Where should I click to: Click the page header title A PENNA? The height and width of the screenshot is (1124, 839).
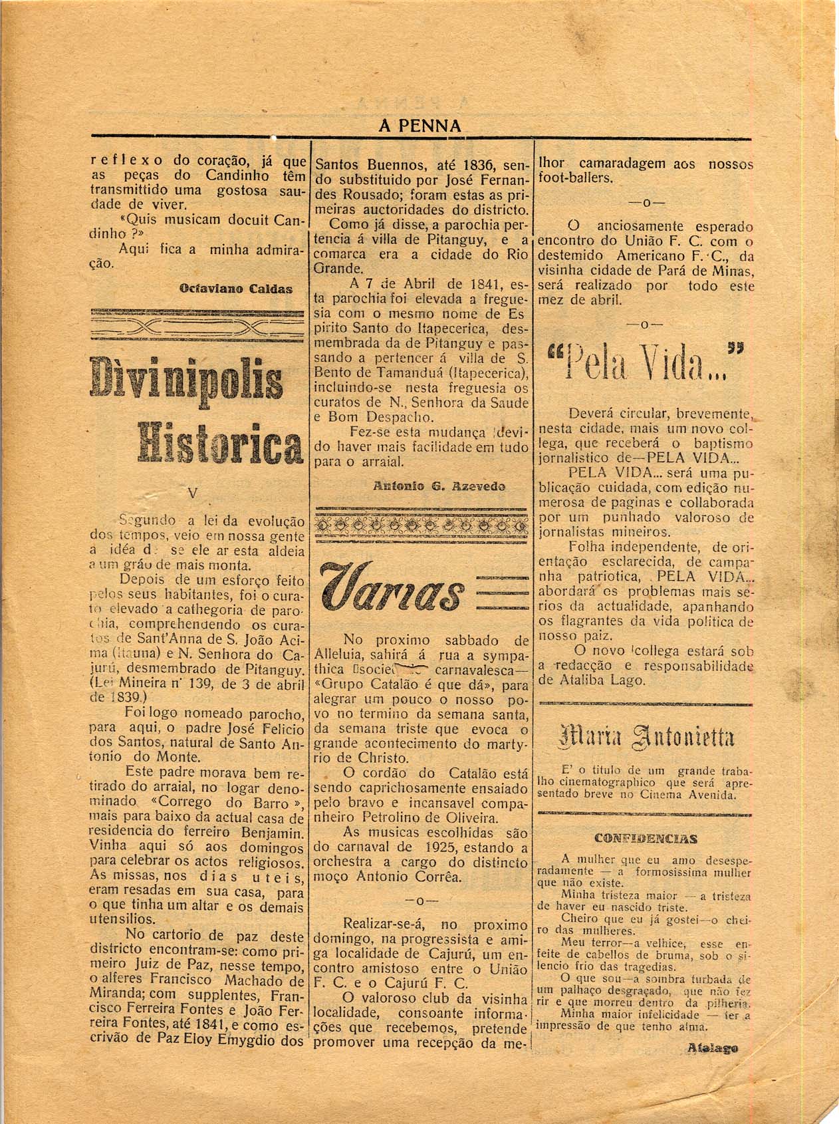419,126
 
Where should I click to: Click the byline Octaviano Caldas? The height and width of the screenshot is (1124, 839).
235,289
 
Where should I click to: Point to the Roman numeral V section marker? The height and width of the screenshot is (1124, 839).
193,493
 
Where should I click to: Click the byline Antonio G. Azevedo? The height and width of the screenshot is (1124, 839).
439,486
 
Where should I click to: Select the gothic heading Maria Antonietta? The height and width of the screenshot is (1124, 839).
644,738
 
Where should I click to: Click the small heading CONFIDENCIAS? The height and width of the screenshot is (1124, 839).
644,838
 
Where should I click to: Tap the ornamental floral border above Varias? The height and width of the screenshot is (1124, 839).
421,525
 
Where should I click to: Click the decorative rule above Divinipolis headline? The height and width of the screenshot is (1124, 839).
197,325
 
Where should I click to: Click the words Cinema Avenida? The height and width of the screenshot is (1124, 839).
687,794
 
